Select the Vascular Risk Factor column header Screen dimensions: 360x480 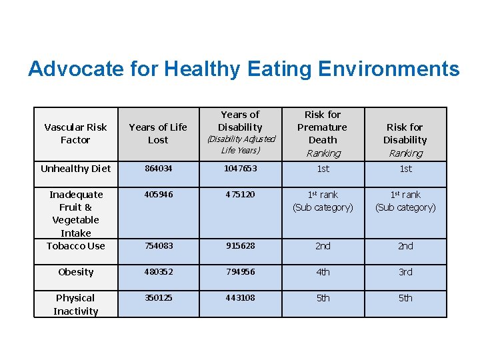point(75,133)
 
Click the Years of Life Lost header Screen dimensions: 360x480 point(158,133)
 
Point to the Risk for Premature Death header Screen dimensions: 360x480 point(323,133)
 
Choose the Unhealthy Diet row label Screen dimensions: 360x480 point(75,169)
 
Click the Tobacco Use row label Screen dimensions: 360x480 point(75,246)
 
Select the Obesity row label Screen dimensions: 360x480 point(75,272)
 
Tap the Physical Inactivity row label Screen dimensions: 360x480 point(75,305)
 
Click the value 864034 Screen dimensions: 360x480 point(158,169)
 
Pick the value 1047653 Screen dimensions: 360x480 point(240,169)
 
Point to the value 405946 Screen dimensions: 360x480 point(158,195)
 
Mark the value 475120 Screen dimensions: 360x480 point(240,195)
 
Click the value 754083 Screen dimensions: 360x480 point(158,246)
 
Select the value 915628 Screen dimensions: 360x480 point(240,246)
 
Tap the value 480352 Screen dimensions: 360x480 point(158,272)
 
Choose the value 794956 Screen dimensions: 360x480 point(240,272)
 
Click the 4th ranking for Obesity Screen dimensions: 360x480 point(323,272)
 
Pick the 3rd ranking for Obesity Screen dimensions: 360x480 point(405,272)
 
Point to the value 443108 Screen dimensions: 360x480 point(240,298)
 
